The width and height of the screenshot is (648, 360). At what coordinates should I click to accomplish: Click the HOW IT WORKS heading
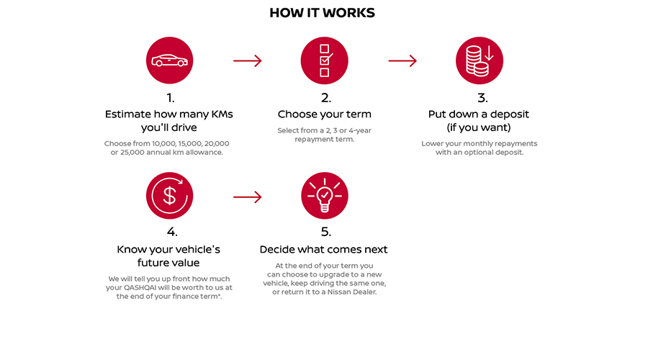(322, 13)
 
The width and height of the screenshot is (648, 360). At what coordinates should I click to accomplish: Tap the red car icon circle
(170, 60)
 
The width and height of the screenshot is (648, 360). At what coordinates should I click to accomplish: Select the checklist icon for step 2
(325, 60)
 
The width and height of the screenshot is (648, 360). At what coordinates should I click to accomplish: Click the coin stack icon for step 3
(480, 60)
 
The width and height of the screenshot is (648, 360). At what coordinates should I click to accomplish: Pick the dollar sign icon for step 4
(170, 196)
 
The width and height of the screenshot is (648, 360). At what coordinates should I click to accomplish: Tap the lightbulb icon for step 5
(325, 196)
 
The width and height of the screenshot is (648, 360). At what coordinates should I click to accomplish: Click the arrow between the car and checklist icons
(247, 60)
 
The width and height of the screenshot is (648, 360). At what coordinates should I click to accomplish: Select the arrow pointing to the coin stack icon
(402, 60)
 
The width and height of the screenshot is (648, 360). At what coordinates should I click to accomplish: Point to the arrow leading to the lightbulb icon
(247, 196)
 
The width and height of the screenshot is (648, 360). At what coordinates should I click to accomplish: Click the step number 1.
(170, 97)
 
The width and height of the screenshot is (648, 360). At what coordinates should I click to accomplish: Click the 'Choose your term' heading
(325, 114)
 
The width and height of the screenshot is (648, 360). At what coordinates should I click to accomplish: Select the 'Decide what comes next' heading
(324, 249)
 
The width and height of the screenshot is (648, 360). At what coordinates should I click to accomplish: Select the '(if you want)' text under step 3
(480, 127)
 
